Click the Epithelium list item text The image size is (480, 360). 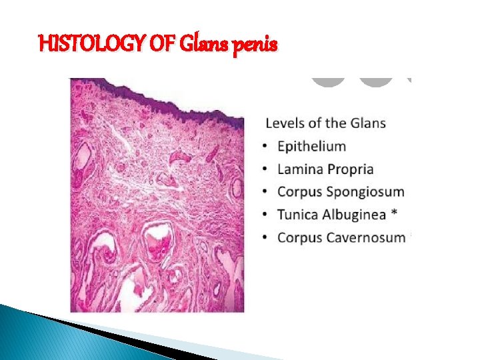coord(311,147)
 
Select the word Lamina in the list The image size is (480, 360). coord(299,169)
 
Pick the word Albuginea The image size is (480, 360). coord(357,215)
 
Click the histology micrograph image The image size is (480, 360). coord(157,195)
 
